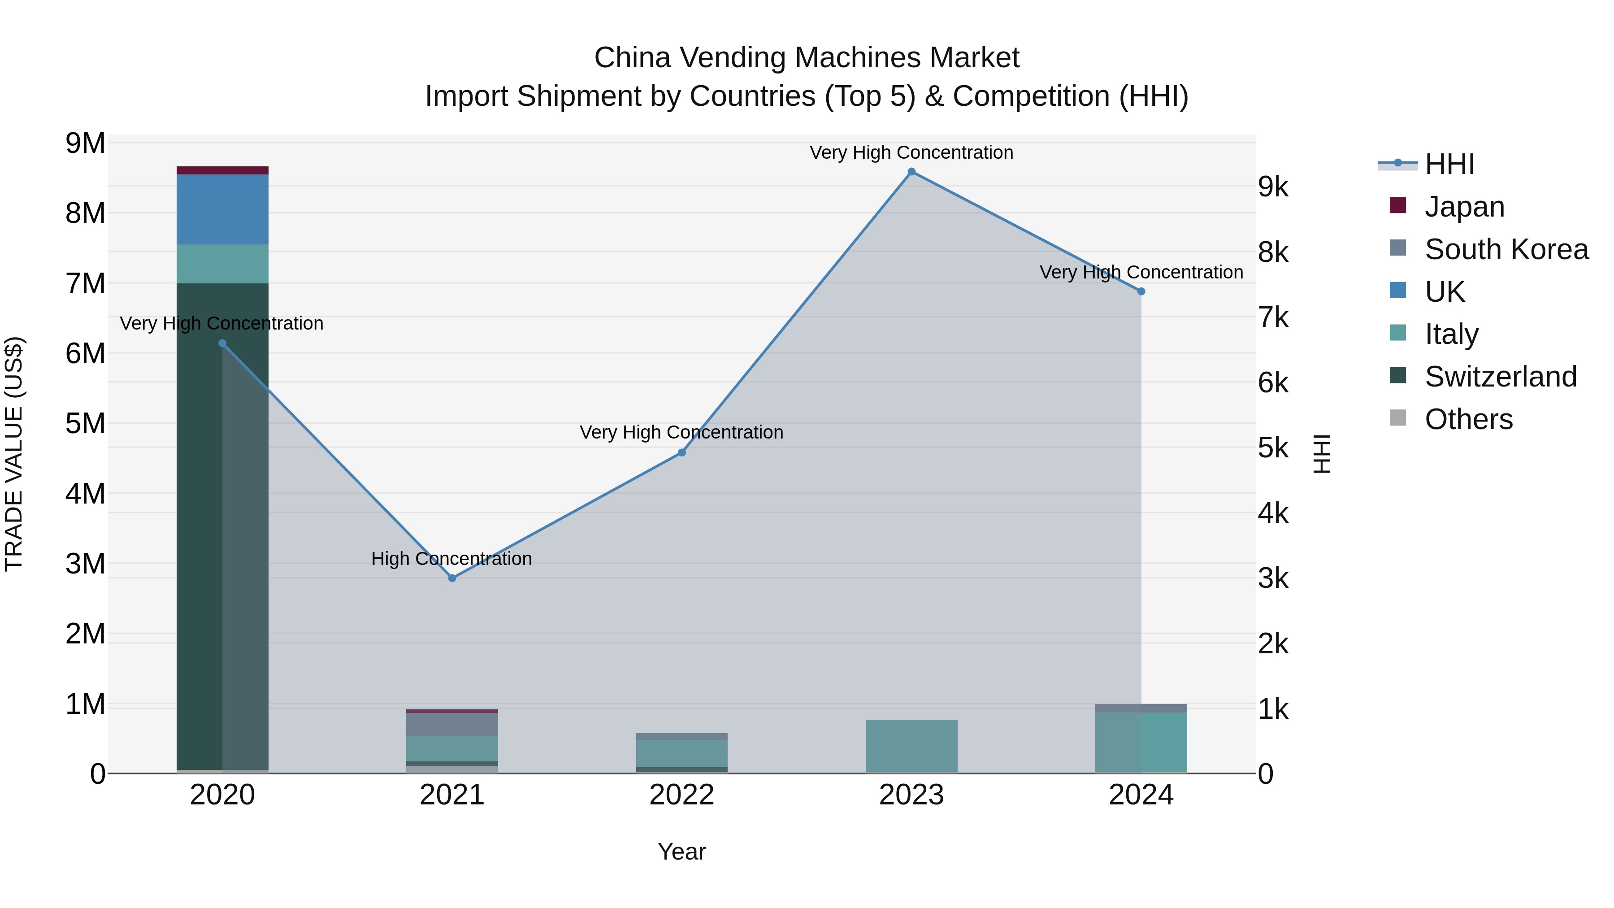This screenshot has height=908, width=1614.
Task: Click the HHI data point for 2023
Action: tap(911, 172)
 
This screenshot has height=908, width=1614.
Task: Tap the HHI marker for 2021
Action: tap(452, 578)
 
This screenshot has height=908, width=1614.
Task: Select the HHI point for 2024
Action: tap(1141, 291)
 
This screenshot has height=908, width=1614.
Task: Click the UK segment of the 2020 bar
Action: tap(222, 209)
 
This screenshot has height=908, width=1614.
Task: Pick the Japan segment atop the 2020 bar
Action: tap(222, 170)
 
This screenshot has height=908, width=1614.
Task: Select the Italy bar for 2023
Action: tap(911, 746)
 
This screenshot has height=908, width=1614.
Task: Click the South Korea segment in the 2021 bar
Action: tap(452, 725)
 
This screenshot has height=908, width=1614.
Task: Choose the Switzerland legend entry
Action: tap(1500, 377)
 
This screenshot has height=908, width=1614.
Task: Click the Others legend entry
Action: tap(1468, 419)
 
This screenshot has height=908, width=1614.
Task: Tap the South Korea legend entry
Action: tap(1506, 249)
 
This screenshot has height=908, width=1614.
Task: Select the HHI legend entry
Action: tap(1449, 164)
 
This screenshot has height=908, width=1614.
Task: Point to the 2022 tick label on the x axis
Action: tap(681, 795)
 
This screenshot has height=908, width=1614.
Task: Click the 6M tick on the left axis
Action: tap(86, 353)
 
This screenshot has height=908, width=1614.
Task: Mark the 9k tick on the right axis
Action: tap(1273, 187)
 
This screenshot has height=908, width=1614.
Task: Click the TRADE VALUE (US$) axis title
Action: tap(14, 454)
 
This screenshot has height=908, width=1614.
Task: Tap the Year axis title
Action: tap(681, 852)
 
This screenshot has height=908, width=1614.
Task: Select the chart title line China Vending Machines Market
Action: tap(807, 58)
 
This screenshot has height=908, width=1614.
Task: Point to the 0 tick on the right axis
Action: tap(1266, 774)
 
